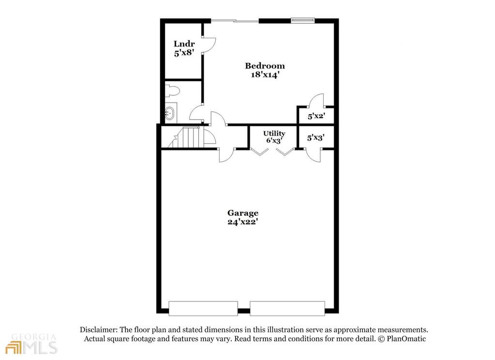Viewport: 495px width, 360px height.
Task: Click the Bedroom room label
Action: click(x=265, y=66)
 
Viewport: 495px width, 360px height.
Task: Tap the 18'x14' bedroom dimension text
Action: click(x=265, y=75)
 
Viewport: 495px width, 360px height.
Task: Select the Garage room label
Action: click(x=243, y=213)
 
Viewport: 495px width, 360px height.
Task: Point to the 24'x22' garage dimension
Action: click(x=243, y=222)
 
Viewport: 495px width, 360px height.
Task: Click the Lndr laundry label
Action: click(x=184, y=44)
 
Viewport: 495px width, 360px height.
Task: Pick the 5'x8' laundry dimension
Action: click(x=184, y=53)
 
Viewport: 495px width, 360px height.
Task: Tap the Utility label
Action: click(x=274, y=134)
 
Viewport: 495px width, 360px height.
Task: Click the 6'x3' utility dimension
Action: click(x=274, y=141)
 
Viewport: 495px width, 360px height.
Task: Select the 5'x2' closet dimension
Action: click(x=315, y=116)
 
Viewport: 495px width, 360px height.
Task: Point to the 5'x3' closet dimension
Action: click(x=315, y=137)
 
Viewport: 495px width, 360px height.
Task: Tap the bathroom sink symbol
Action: click(x=170, y=114)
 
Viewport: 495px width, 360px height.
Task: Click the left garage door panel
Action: click(x=203, y=308)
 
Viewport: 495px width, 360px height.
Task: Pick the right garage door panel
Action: click(x=287, y=308)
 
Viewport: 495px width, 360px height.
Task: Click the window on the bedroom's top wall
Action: click(x=302, y=20)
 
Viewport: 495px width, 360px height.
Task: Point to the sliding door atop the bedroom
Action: click(x=235, y=20)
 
